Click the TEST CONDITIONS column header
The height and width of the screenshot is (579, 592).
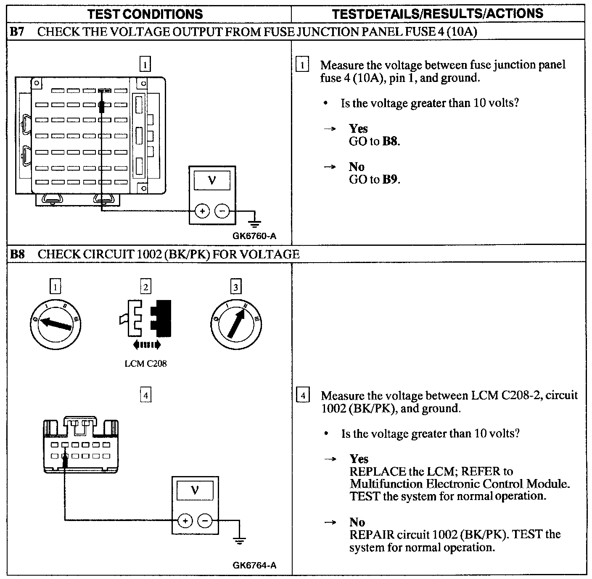tap(145, 14)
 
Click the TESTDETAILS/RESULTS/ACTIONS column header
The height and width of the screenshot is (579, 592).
tap(437, 14)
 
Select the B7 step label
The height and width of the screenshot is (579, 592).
tap(17, 32)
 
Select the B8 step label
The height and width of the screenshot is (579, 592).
tap(17, 254)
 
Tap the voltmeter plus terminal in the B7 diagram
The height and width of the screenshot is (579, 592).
tap(202, 211)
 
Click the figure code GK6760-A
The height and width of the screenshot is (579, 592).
tap(254, 236)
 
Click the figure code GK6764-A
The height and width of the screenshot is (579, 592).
tap(254, 566)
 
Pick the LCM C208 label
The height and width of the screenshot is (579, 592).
tap(145, 363)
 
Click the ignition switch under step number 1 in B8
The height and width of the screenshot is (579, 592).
tap(56, 324)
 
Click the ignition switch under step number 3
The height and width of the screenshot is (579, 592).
tap(235, 324)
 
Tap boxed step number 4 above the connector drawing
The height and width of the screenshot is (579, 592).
tap(145, 395)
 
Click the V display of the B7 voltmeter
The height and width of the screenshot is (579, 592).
tap(212, 181)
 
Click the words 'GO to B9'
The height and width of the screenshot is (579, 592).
tap(374, 179)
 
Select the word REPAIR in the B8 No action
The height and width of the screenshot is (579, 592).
tap(366, 535)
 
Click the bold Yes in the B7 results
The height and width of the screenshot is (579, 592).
tap(358, 129)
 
